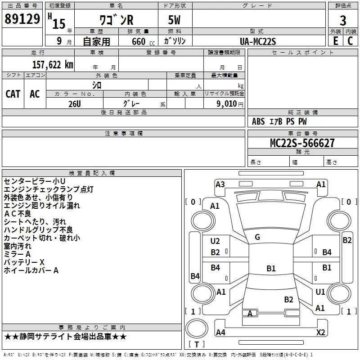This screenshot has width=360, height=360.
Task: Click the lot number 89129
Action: [x=22, y=18]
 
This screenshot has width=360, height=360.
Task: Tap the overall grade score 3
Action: [x=343, y=21]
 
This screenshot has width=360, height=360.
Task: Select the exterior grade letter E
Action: [x=335, y=41]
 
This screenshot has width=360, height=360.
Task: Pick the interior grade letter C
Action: [x=350, y=41]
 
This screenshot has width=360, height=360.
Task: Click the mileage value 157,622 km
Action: [x=53, y=65]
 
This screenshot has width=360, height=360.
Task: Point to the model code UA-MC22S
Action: [x=257, y=41]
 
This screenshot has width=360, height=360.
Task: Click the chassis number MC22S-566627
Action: [x=302, y=143]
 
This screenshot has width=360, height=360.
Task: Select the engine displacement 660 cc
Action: [x=143, y=41]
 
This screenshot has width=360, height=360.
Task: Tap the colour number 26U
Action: [x=75, y=104]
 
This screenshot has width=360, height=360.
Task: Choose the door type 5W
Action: [x=174, y=20]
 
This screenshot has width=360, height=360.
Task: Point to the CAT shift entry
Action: [x=13, y=94]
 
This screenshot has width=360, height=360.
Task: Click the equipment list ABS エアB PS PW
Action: [x=279, y=121]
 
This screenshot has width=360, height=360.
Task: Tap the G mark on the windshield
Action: [x=257, y=237]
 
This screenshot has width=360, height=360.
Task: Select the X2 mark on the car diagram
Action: [x=320, y=332]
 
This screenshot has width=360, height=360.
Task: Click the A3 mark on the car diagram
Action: [x=220, y=184]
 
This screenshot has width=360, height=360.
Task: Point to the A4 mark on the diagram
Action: [x=220, y=332]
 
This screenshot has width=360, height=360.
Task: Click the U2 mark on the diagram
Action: [x=215, y=241]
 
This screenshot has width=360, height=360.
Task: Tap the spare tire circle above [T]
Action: [x=197, y=328]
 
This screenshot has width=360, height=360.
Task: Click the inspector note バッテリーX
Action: [x=24, y=262]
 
